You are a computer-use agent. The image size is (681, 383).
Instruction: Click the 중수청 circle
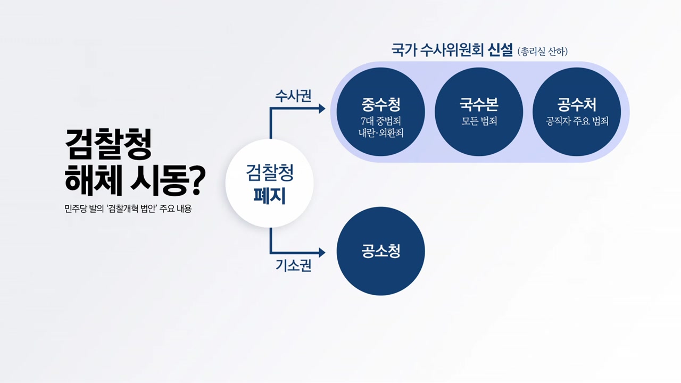pos(380,112)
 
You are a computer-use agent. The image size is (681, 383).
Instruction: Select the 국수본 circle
pos(479,112)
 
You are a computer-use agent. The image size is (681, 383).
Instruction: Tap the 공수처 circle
pos(577,112)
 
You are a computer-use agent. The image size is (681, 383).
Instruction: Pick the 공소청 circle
pos(380,251)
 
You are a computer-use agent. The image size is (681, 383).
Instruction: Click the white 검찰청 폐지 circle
pos(269,184)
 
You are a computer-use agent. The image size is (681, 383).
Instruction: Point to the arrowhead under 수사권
pos(322,109)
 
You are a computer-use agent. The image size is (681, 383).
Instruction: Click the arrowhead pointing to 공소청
pos(322,252)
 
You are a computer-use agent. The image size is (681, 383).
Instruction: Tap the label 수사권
pos(293,96)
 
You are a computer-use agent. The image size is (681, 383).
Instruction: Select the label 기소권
pos(293,265)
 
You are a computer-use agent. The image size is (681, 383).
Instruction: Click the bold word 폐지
pos(269,196)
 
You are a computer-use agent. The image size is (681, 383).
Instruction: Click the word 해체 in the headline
pos(94,180)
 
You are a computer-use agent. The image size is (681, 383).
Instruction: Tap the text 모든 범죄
pos(479,121)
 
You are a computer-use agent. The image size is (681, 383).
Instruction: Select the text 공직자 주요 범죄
pos(577,121)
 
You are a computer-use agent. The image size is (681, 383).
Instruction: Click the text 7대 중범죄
pos(380,121)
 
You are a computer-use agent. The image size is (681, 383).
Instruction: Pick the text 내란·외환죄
pos(380,133)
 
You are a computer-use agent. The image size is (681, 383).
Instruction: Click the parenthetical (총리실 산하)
pos(542,52)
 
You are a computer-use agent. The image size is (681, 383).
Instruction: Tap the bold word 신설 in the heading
pos(500,50)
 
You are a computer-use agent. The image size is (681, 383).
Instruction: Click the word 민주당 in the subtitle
pos(76,209)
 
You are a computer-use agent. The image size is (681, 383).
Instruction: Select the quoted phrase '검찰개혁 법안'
pos(131,209)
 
